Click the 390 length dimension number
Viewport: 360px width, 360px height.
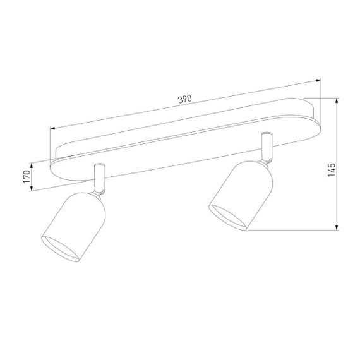tap(184, 100)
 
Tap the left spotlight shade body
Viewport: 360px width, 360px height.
tap(74, 221)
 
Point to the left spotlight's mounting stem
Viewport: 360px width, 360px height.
tap(99, 177)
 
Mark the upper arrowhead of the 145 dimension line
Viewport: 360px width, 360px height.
tap(337, 100)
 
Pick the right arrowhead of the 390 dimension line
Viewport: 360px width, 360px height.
tap(318, 80)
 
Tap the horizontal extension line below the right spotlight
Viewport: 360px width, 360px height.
tap(291, 229)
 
